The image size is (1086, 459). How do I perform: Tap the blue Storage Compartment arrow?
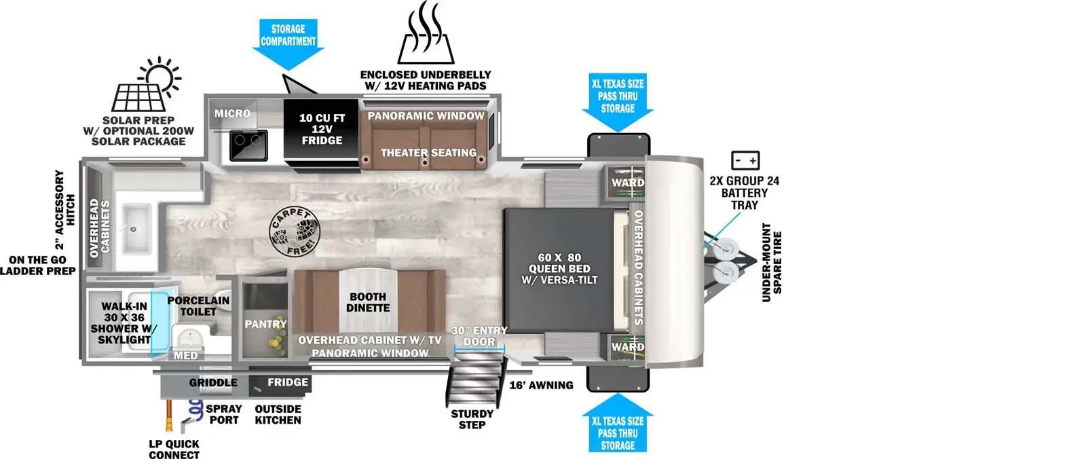288,43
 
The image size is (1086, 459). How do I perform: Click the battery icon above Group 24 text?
745,160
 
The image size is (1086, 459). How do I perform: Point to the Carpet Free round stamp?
293,232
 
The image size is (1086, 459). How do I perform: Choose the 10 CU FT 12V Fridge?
322,130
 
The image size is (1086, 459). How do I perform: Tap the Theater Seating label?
428,153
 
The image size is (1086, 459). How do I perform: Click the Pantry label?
265,324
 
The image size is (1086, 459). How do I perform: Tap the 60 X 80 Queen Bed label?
559,268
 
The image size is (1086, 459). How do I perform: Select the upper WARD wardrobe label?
628,182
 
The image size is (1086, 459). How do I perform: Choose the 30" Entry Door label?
479,336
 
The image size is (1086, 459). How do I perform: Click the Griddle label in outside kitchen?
213,383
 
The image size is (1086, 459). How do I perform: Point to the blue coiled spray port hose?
195,409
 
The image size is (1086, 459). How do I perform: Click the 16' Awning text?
541,385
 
